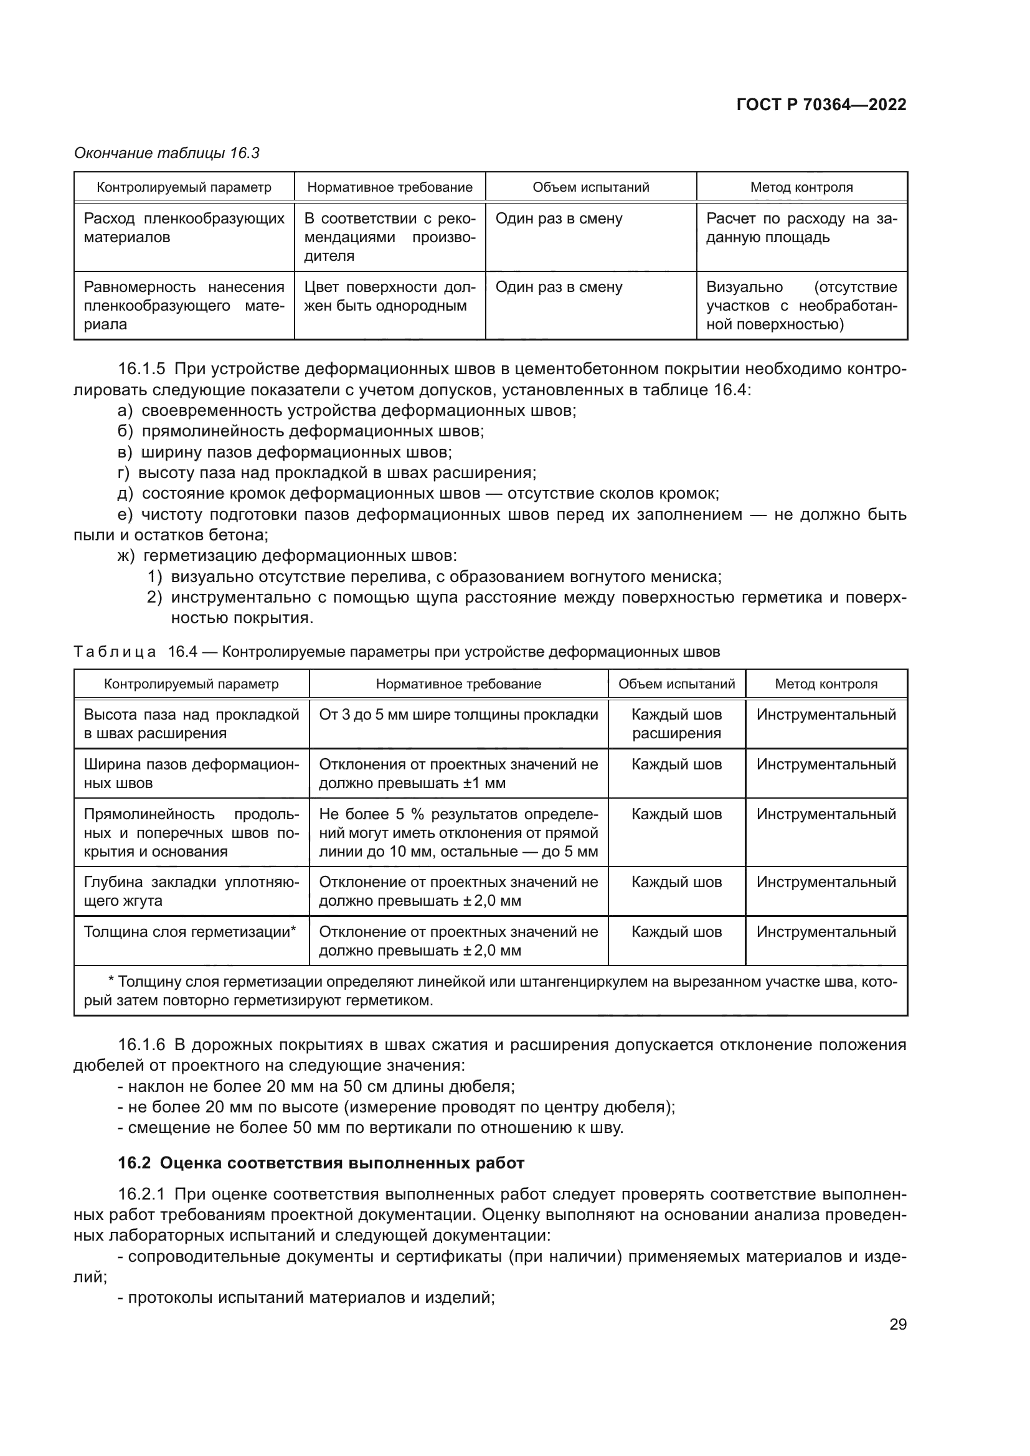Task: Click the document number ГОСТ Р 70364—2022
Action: point(821,105)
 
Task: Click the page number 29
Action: point(897,1325)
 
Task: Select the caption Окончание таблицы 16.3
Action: point(167,153)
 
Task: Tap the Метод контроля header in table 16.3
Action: point(801,187)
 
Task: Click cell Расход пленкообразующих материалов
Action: point(184,228)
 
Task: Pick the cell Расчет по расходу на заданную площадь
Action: point(801,228)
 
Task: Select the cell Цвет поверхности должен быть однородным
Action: point(389,296)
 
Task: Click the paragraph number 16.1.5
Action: point(141,369)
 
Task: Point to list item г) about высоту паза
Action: point(336,473)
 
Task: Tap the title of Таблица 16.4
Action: point(397,652)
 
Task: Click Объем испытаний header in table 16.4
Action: point(676,683)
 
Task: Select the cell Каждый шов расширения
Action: point(676,723)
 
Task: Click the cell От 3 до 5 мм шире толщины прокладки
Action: point(458,715)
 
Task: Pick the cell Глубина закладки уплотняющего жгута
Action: point(191,891)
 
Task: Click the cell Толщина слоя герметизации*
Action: point(191,932)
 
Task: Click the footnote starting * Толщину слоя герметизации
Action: point(489,991)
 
